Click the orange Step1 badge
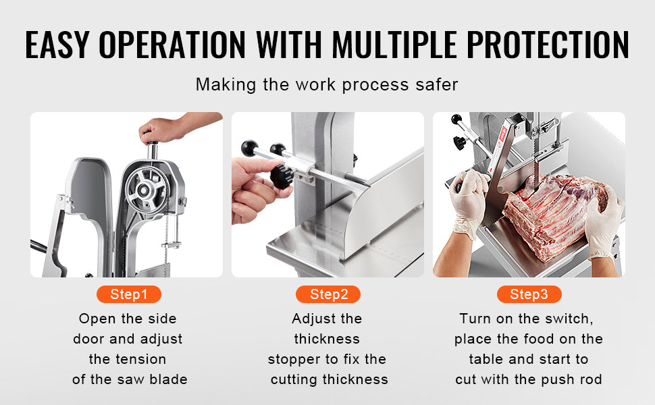(x=128, y=294)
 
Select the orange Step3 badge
(x=529, y=294)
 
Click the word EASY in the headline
(x=57, y=45)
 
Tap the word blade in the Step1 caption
(x=169, y=379)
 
